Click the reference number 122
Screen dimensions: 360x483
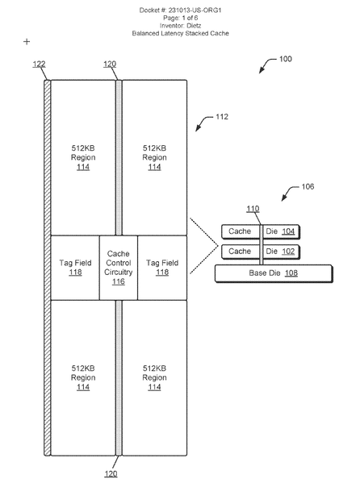pos(40,64)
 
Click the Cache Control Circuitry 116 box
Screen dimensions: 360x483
pos(119,268)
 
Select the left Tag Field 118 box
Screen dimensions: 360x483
pos(75,268)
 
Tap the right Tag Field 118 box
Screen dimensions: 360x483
pos(162,268)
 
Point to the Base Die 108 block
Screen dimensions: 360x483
pos(274,273)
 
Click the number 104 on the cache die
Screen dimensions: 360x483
pos(288,231)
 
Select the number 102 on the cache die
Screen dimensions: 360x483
pos(288,252)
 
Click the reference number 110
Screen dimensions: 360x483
pos(253,209)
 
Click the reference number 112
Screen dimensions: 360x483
pos(222,117)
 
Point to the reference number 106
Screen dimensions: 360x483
pos(308,187)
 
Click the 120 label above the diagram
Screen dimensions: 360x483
pos(110,64)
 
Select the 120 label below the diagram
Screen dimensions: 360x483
pos(111,473)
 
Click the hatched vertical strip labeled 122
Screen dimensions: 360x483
pos(47,268)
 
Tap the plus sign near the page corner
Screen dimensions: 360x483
pos(27,42)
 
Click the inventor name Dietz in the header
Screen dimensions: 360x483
pos(194,26)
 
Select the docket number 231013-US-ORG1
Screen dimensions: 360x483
pos(195,10)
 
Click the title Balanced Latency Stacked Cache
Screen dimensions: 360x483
pos(181,33)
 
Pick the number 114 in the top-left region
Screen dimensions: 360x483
pos(83,167)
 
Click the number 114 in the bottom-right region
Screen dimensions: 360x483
pos(154,387)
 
